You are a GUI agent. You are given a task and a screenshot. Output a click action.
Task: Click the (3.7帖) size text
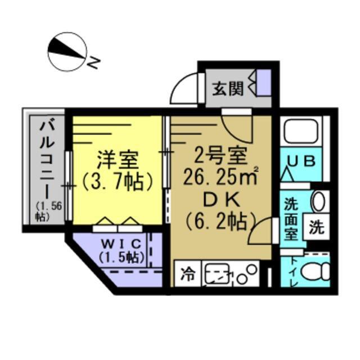click(x=118, y=182)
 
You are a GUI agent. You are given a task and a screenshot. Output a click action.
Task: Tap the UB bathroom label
click(x=301, y=161)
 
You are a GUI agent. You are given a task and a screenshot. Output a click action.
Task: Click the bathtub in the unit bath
click(x=302, y=133)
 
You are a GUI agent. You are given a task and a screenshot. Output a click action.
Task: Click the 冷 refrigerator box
click(x=187, y=275)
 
